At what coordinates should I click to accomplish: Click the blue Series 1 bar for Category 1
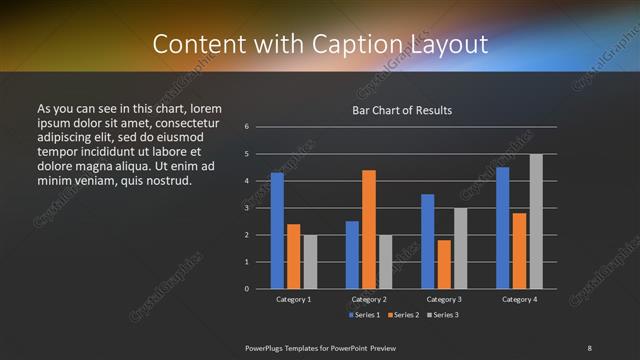click(277, 231)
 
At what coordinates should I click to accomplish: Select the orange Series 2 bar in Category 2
click(369, 229)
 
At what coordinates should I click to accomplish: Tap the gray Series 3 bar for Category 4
click(536, 221)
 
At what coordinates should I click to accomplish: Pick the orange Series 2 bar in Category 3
click(444, 264)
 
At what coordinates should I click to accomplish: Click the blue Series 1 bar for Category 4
click(502, 228)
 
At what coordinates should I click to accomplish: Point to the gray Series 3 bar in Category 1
click(310, 262)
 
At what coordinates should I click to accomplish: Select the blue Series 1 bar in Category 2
click(352, 255)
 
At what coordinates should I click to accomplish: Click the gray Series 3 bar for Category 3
click(460, 248)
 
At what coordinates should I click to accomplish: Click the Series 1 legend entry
click(363, 315)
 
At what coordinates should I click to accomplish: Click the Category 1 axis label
click(294, 299)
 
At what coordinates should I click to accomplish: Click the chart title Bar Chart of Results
click(402, 110)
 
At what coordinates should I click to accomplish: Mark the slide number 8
click(589, 347)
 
